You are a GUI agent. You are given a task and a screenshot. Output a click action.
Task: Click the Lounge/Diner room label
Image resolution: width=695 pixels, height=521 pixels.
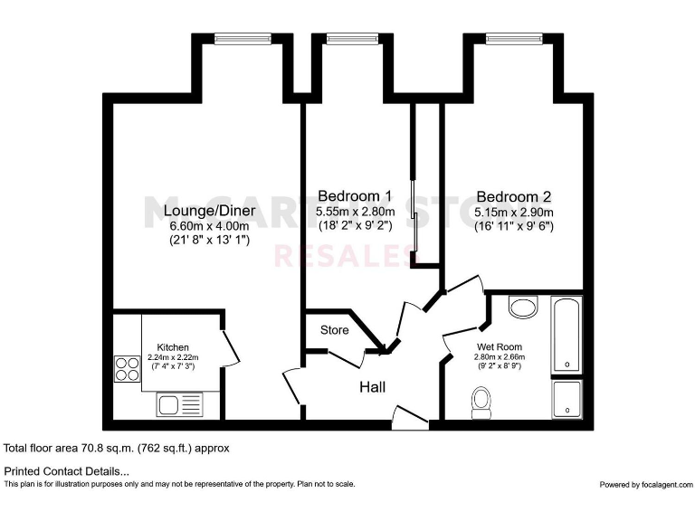coord(209,211)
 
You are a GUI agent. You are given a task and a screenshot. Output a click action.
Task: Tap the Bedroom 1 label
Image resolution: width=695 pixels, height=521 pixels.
coord(355,195)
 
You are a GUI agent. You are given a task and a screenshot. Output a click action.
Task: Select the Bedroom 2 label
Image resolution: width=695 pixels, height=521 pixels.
coord(514,195)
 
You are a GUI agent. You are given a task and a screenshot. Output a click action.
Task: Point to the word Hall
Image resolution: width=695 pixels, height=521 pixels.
coord(372,387)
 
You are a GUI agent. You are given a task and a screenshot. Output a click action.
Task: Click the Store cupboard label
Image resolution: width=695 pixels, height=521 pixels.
coord(334,330)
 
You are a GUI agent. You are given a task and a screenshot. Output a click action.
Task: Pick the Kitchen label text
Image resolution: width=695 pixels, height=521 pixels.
coord(173,347)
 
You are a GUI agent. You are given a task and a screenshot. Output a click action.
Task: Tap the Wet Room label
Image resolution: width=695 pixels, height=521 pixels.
coord(500,347)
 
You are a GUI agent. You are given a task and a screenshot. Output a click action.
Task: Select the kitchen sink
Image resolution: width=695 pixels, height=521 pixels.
coord(180,403)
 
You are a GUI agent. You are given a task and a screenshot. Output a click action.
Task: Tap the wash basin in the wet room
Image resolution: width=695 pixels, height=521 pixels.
coord(522,308)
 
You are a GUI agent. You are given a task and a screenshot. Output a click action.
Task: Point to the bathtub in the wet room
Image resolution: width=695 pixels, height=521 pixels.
coord(567,335)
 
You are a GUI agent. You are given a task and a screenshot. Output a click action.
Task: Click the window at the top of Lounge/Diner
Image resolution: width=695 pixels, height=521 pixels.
coord(242,38)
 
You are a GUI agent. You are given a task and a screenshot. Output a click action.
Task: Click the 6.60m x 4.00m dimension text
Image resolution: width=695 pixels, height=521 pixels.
coord(209,226)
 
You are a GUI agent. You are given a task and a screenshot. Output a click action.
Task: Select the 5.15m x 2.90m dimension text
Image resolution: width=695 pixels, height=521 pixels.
coord(514,212)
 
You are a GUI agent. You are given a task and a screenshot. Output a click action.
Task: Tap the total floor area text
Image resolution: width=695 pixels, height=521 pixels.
coord(118,448)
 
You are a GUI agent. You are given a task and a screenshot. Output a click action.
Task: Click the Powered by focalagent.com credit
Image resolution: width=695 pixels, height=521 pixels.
coord(644,485)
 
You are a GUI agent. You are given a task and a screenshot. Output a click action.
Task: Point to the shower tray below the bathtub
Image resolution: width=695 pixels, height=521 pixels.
coord(567,399)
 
